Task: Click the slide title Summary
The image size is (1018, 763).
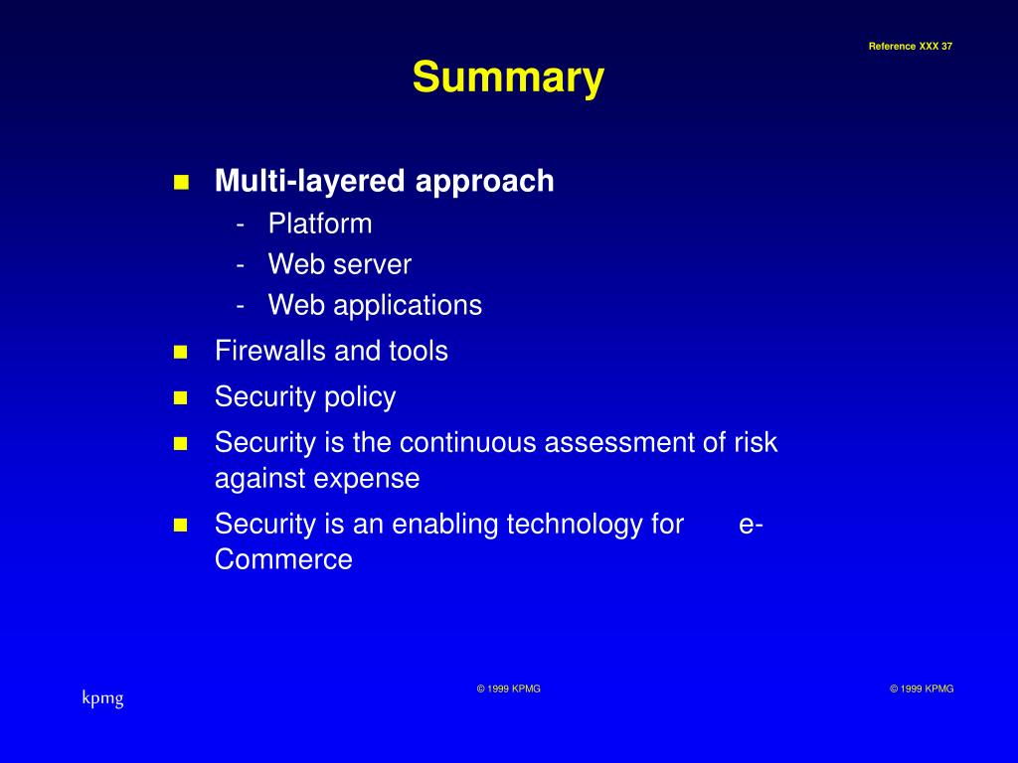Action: [x=508, y=77]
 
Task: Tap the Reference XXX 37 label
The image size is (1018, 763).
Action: [x=910, y=47]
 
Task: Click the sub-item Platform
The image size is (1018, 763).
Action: [x=320, y=224]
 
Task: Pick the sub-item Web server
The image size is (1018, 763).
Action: [x=339, y=264]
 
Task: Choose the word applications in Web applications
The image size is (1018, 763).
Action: [x=408, y=305]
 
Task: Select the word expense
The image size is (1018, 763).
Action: [x=367, y=478]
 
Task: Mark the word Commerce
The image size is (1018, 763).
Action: [x=283, y=559]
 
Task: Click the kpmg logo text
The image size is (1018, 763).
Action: [x=102, y=698]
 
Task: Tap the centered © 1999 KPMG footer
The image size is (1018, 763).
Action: [x=508, y=688]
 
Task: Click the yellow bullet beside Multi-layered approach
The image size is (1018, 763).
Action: [x=181, y=182]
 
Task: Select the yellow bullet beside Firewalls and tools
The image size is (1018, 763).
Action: [x=181, y=352]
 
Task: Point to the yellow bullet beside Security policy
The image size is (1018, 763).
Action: [x=181, y=398]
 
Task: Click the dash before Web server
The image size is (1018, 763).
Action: [x=242, y=265]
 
